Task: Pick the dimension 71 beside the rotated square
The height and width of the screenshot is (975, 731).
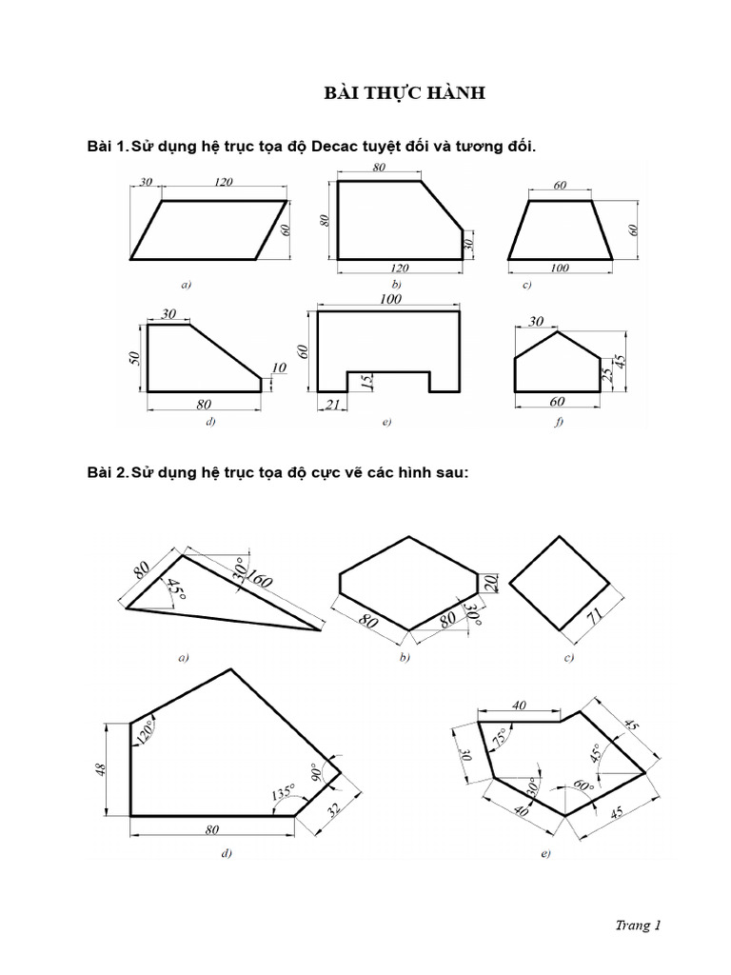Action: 595,617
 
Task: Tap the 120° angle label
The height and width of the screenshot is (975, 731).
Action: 146,731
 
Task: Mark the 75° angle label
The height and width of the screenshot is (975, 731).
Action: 501,737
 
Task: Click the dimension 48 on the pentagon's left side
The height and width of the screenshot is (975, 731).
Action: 102,767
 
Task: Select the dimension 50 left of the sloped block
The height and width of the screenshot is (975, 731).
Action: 135,358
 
